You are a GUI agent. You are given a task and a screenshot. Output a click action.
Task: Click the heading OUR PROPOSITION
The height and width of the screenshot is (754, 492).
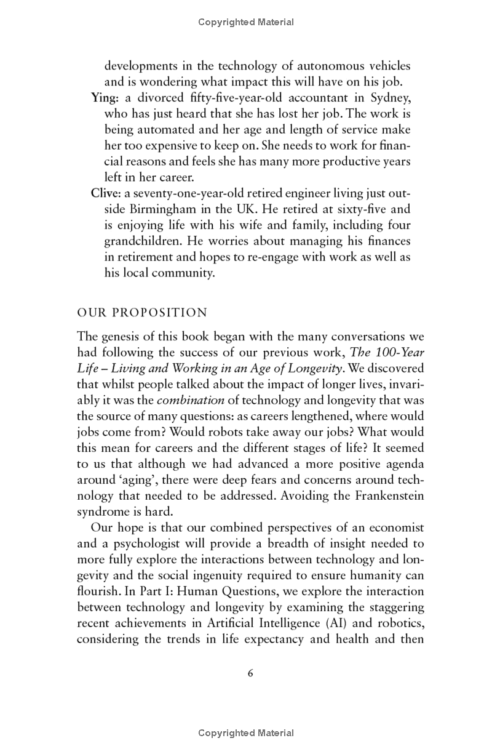point(142,313)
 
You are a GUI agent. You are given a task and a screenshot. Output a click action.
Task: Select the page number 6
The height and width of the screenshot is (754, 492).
point(250,673)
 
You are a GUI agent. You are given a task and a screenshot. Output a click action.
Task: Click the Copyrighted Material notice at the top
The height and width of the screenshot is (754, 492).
point(246,22)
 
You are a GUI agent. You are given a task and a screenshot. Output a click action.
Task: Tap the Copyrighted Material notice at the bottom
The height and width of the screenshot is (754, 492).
point(246,733)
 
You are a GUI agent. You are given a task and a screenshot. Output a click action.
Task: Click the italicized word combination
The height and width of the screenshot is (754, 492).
point(195,401)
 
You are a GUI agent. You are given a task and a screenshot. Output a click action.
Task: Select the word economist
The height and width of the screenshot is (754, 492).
point(392,527)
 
